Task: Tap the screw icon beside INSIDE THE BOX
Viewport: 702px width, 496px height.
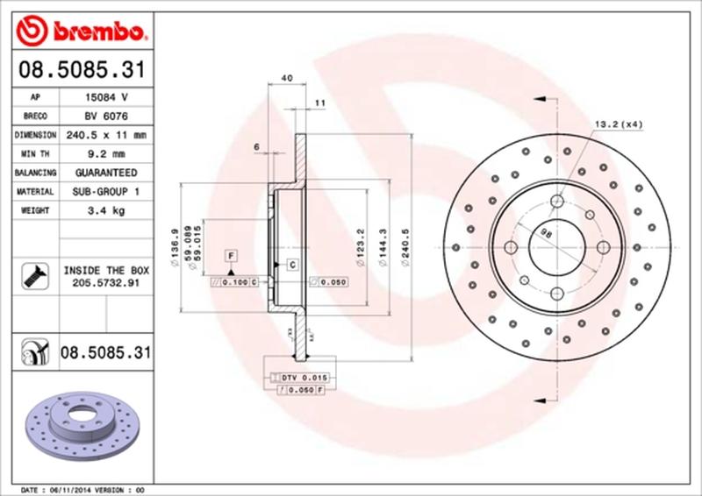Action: point(33,277)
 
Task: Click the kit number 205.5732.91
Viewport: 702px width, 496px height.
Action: point(104,284)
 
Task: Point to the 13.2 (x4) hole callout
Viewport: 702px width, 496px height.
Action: point(620,124)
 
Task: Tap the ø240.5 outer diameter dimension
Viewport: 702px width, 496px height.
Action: point(405,243)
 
